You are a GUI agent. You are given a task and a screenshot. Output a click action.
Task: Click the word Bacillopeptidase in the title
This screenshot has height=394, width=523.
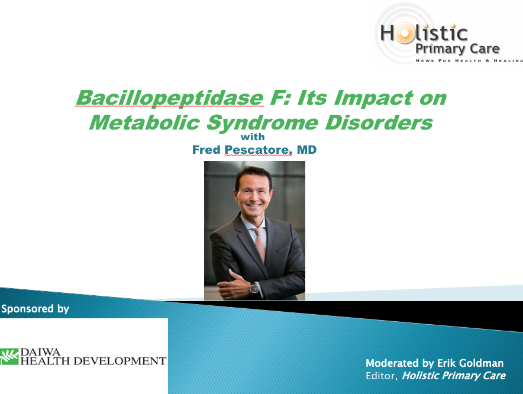[x=170, y=98]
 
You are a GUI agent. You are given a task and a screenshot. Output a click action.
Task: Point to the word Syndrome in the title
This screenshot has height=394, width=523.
[x=262, y=124]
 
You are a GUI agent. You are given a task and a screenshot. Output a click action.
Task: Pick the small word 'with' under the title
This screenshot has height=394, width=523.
[x=253, y=137]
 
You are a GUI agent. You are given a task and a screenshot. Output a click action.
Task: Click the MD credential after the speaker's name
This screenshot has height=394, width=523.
[x=306, y=150]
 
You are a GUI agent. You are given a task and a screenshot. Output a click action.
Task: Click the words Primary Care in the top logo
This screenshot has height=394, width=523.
[x=457, y=49]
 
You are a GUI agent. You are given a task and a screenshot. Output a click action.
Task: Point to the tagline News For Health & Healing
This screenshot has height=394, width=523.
[x=469, y=60]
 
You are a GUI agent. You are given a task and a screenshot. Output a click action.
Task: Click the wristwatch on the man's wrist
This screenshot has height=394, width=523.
[x=254, y=288]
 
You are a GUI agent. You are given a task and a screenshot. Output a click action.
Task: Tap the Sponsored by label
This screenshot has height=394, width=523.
[x=35, y=309]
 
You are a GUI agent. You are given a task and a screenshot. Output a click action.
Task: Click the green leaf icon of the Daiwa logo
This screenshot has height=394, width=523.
[x=9, y=357]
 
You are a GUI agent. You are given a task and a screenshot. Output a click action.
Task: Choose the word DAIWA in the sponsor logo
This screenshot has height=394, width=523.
[x=40, y=352]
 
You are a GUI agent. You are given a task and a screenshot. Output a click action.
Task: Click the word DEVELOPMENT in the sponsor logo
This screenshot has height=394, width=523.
[x=120, y=361]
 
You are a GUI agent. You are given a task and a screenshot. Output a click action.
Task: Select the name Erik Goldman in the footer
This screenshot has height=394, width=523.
[x=470, y=363]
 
